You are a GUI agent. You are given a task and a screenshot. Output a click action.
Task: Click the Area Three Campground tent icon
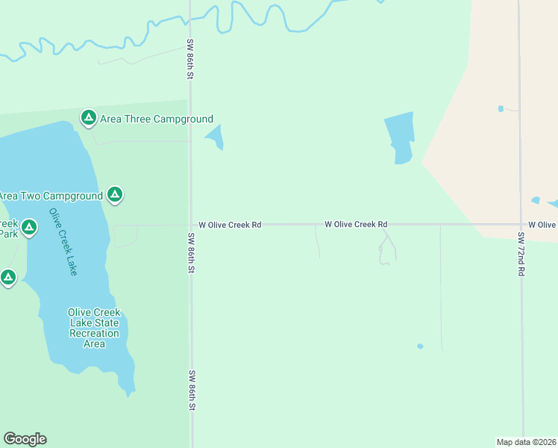tap(89, 117)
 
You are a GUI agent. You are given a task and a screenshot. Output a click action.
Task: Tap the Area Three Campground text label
tap(157, 119)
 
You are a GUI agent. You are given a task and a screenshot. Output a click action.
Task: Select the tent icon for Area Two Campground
tap(114, 195)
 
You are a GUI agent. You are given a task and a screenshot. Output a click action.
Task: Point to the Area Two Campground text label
tap(51, 196)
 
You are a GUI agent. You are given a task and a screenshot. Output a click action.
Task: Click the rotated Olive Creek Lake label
tap(63, 241)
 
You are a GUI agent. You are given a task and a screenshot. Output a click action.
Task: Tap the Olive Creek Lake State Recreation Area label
tap(94, 328)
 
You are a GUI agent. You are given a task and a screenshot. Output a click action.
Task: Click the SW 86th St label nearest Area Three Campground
tap(191, 61)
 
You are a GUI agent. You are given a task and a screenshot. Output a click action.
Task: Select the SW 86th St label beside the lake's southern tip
tap(192, 390)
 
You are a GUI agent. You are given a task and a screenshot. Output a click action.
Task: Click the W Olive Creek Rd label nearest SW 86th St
tap(230, 224)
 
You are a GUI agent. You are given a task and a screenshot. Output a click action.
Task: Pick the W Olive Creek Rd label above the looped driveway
tap(356, 224)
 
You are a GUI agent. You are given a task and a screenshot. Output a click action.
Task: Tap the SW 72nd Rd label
tap(521, 255)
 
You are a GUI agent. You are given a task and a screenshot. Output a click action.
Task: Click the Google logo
tap(25, 439)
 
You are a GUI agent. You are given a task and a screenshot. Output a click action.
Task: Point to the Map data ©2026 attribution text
tap(526, 441)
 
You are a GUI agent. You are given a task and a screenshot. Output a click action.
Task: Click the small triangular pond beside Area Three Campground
tap(215, 137)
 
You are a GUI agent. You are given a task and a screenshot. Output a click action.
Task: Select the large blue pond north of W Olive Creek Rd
tap(400, 137)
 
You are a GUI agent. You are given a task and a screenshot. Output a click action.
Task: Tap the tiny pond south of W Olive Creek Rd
tap(420, 346)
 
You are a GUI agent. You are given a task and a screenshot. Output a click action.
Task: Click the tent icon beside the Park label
tap(29, 227)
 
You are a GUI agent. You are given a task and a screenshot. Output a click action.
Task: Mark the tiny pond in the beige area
tap(501, 108)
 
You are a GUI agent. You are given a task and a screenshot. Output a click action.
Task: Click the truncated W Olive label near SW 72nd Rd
tap(542, 224)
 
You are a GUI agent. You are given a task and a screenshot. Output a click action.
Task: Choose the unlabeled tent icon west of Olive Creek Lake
tap(8, 278)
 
